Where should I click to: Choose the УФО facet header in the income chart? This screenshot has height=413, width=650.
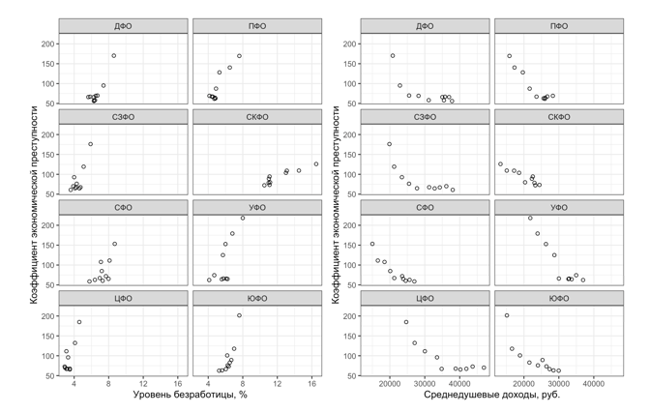pyautogui.click(x=558, y=207)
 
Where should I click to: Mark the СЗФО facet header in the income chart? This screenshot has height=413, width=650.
pyautogui.click(x=424, y=116)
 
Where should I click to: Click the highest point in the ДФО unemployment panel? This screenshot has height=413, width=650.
pyautogui.click(x=113, y=55)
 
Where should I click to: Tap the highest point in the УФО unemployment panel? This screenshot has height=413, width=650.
pyautogui.click(x=243, y=218)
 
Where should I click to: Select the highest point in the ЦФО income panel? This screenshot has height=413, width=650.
pyautogui.click(x=406, y=322)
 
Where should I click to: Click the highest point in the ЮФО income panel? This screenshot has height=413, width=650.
pyautogui.click(x=506, y=315)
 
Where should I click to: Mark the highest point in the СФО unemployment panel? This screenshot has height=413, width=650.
pyautogui.click(x=114, y=244)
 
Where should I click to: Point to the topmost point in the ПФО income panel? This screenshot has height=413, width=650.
pyautogui.click(x=509, y=56)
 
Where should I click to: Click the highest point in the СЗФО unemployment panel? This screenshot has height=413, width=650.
pyautogui.click(x=90, y=144)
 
